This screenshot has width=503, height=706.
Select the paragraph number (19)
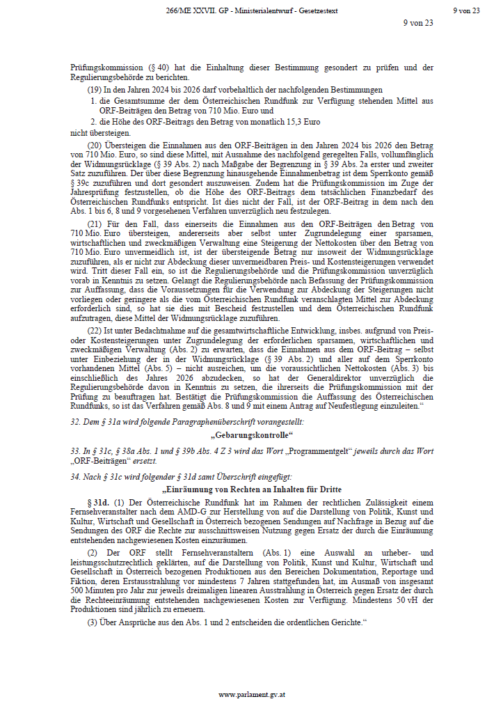[95, 90]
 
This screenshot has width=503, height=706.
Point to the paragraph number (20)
[95, 143]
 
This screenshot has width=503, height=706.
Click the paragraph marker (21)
[95, 222]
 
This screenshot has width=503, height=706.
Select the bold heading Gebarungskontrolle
[251, 436]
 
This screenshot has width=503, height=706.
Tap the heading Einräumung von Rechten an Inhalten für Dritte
[251, 490]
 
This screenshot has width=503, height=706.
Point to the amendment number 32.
[76, 423]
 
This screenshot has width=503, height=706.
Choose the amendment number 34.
[76, 477]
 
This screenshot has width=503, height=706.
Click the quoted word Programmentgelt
[289, 450]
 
